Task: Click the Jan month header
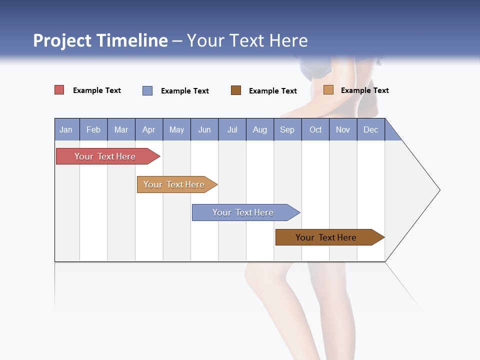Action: coord(66,130)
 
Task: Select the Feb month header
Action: coord(93,130)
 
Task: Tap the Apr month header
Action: coord(148,130)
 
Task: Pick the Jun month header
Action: coord(204,130)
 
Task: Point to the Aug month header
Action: coord(259,130)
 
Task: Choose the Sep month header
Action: coord(287,130)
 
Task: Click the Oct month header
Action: coord(315,130)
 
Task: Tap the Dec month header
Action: coord(370,130)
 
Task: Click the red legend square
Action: coord(59,90)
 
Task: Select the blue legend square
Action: coord(147,90)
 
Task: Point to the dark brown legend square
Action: coord(236,90)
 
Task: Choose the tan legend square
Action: coord(328,90)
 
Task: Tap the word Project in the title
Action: coord(62,40)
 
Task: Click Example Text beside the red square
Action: coord(97,90)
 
